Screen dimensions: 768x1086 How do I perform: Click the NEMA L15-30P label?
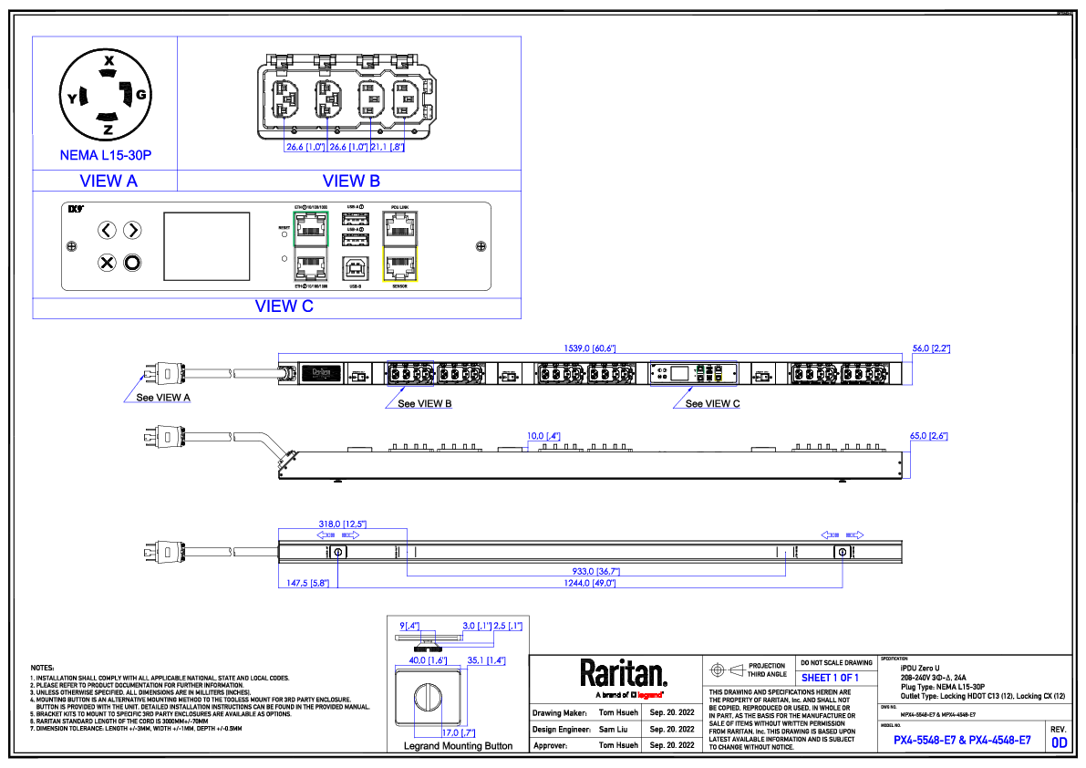105,156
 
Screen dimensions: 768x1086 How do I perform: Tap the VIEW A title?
109,181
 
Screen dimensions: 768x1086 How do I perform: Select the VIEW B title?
351,181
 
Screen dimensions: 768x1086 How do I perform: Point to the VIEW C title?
284,306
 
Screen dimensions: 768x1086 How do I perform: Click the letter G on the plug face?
141,95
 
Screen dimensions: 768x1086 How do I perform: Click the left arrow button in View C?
107,230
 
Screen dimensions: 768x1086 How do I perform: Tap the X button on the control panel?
107,264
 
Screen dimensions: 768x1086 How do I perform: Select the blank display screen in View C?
207,246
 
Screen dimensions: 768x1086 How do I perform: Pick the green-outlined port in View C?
311,226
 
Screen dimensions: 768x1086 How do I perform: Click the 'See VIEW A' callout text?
163,398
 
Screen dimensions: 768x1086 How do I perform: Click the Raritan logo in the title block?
624,675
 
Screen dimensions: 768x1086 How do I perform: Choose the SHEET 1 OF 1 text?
830,678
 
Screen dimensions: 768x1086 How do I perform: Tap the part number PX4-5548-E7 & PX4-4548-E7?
962,740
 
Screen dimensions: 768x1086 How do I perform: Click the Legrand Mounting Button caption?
458,746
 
